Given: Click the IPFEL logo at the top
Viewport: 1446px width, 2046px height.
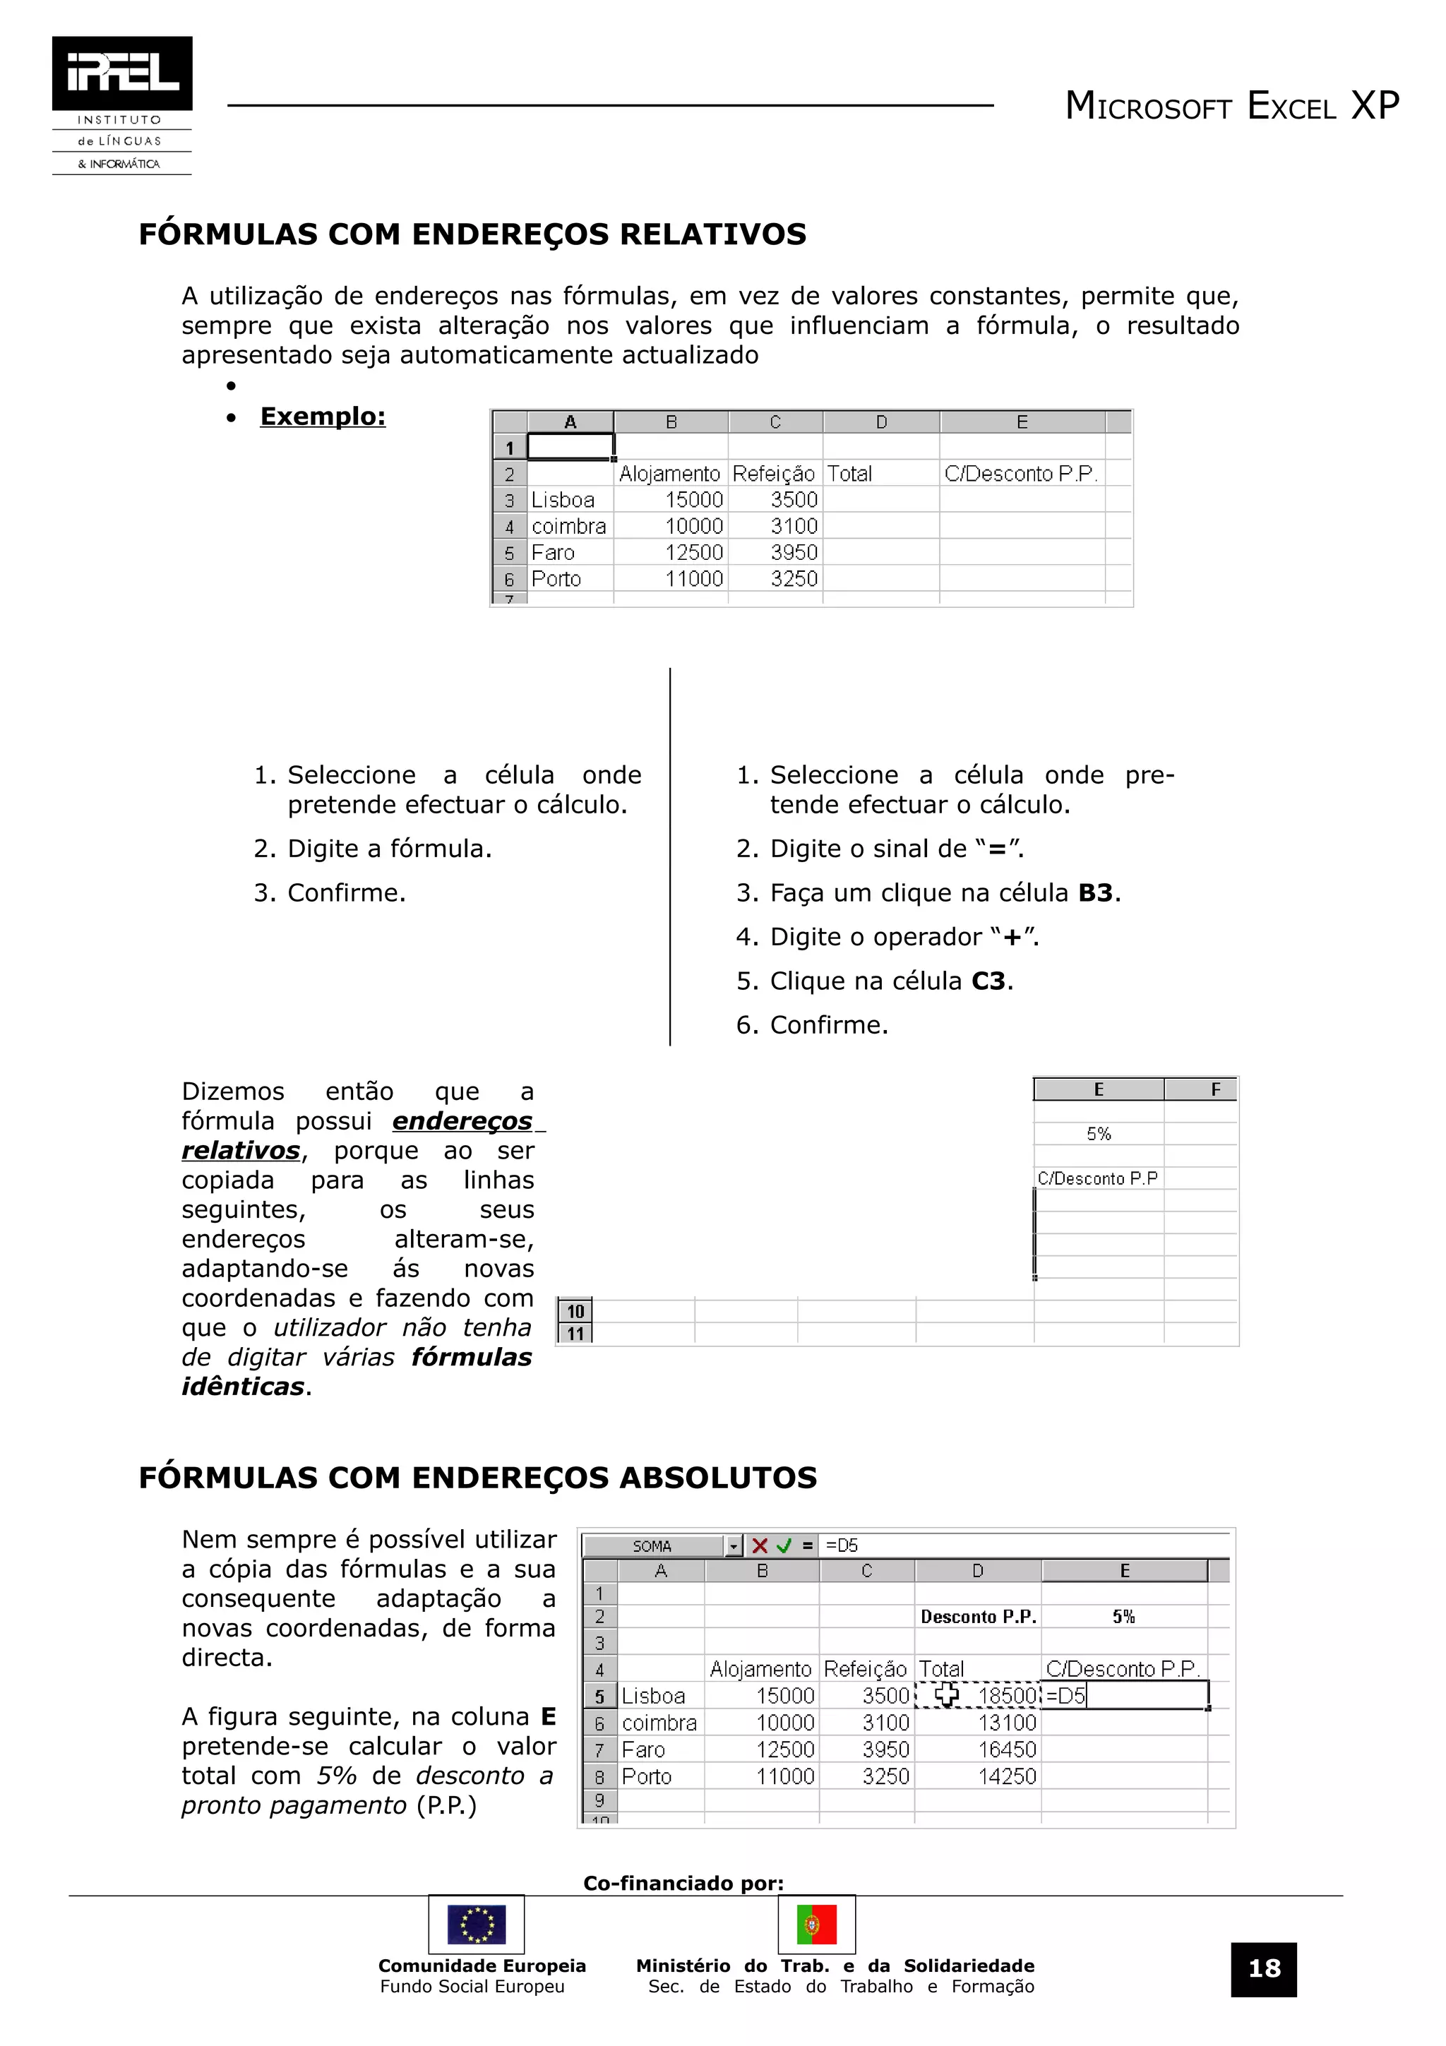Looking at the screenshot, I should tap(122, 73).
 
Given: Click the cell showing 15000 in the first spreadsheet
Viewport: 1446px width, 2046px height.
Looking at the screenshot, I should tap(693, 500).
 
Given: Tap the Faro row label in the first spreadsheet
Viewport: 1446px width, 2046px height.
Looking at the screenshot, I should tap(554, 553).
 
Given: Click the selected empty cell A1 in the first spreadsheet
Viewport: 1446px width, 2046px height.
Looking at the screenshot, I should tap(570, 446).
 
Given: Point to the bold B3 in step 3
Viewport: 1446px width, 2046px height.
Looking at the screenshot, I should tap(1095, 893).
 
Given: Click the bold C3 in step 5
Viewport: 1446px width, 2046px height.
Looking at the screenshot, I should tap(988, 981).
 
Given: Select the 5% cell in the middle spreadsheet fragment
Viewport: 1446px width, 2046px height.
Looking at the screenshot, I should tap(1099, 1134).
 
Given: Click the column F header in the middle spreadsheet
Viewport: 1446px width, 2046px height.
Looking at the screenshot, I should tap(1215, 1089).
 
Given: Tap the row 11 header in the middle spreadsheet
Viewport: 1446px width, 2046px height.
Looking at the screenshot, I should tap(575, 1333).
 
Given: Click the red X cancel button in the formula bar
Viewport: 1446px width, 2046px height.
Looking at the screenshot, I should tap(759, 1546).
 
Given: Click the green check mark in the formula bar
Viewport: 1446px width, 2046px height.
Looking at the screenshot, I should tap(784, 1546).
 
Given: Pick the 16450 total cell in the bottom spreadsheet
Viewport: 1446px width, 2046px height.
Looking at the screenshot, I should tap(1007, 1749).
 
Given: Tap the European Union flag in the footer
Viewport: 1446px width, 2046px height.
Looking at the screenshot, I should tap(476, 1925).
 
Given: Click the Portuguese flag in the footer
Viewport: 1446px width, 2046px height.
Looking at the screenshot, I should tap(816, 1925).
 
